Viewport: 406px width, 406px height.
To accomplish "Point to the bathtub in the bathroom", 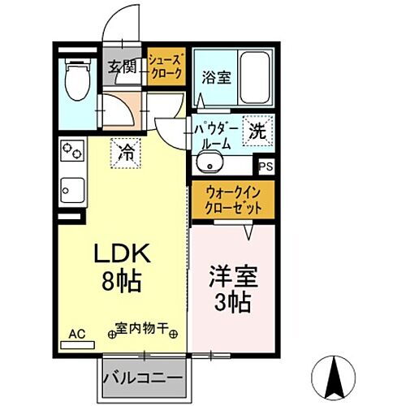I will pyautogui.click(x=256, y=78).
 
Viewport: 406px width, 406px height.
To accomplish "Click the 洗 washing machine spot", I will pyautogui.click(x=257, y=131).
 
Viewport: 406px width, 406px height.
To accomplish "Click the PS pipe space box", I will pyautogui.click(x=265, y=167).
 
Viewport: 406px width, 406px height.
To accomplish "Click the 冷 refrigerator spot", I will pyautogui.click(x=127, y=152).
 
